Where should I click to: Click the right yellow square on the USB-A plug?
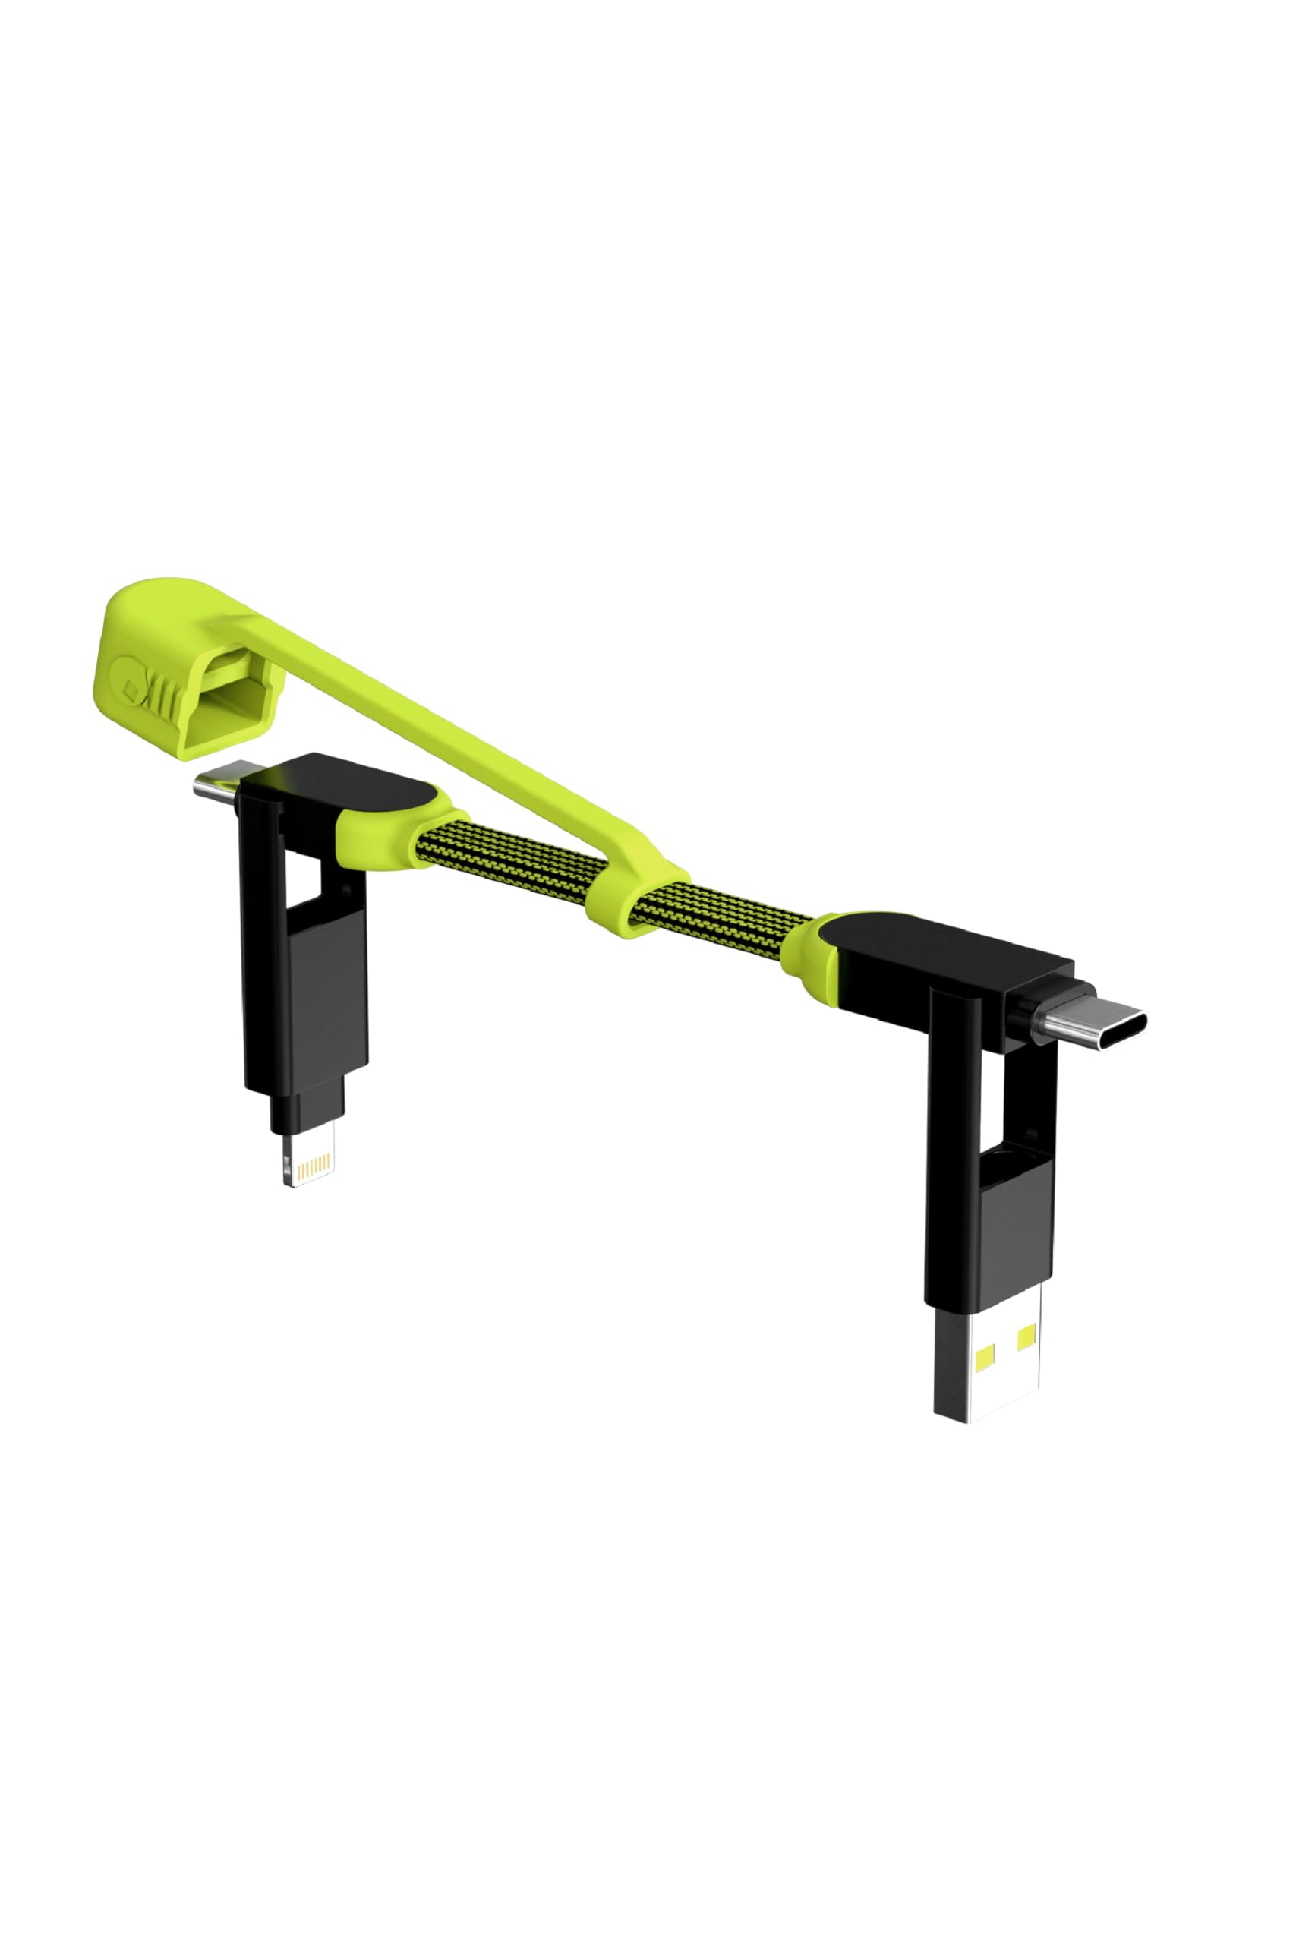pyautogui.click(x=1026, y=1336)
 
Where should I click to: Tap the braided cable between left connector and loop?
pyautogui.click(x=512, y=859)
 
